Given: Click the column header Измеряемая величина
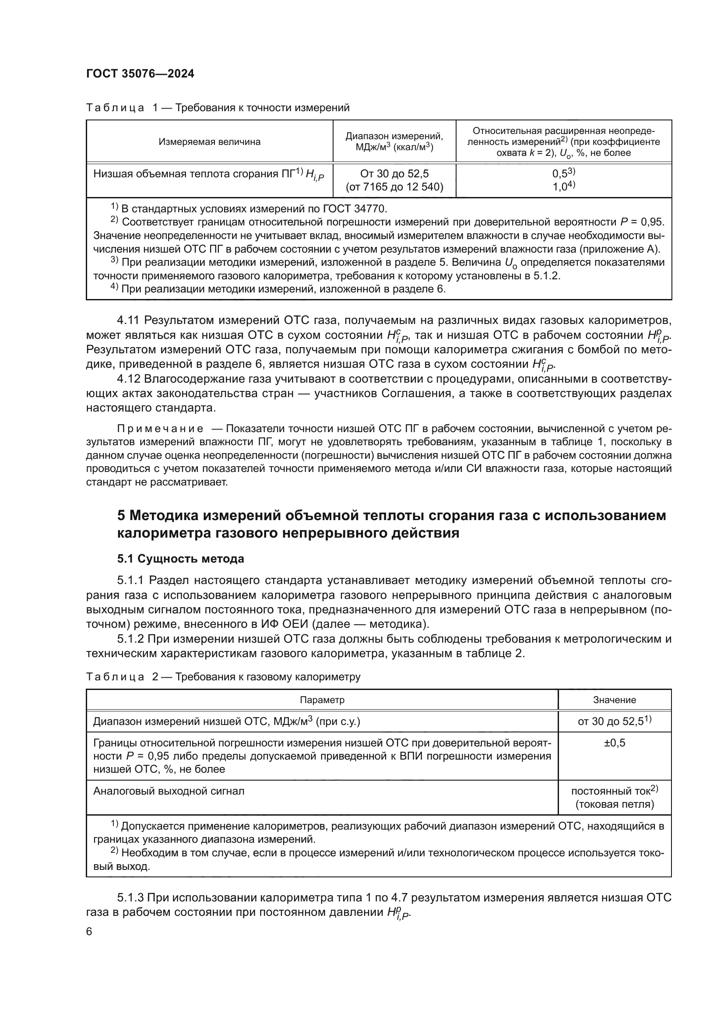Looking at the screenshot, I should point(210,142).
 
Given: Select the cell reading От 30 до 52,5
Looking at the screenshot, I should point(394,173).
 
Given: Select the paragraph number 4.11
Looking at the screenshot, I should point(128,320).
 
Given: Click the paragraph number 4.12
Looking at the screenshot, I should point(128,379).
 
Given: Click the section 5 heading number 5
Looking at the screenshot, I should point(121,516).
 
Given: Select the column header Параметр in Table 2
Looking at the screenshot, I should point(322,700).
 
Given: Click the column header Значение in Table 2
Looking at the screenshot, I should point(614,700).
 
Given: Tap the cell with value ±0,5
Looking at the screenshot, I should point(614,743).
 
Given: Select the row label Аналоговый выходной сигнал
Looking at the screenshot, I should point(169,791).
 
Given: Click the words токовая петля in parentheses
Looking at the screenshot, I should point(614,804).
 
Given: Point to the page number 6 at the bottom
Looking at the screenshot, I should point(89,932).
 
